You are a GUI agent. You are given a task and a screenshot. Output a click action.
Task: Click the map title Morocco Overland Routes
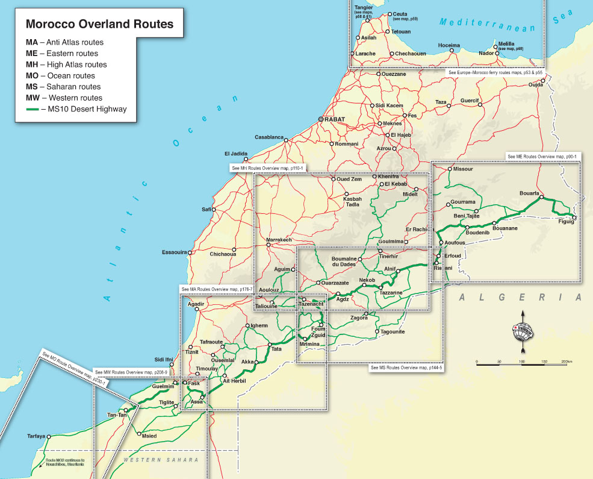[100, 25]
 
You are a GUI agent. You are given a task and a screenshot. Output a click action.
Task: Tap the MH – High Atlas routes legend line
[66, 64]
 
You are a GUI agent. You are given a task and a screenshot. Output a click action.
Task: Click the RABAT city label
[335, 119]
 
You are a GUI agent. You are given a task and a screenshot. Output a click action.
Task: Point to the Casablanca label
[269, 137]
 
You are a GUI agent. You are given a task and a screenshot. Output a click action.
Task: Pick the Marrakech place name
[279, 240]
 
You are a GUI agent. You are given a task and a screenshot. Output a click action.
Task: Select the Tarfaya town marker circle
[50, 436]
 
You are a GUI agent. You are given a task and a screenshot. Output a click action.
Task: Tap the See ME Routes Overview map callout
[542, 157]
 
